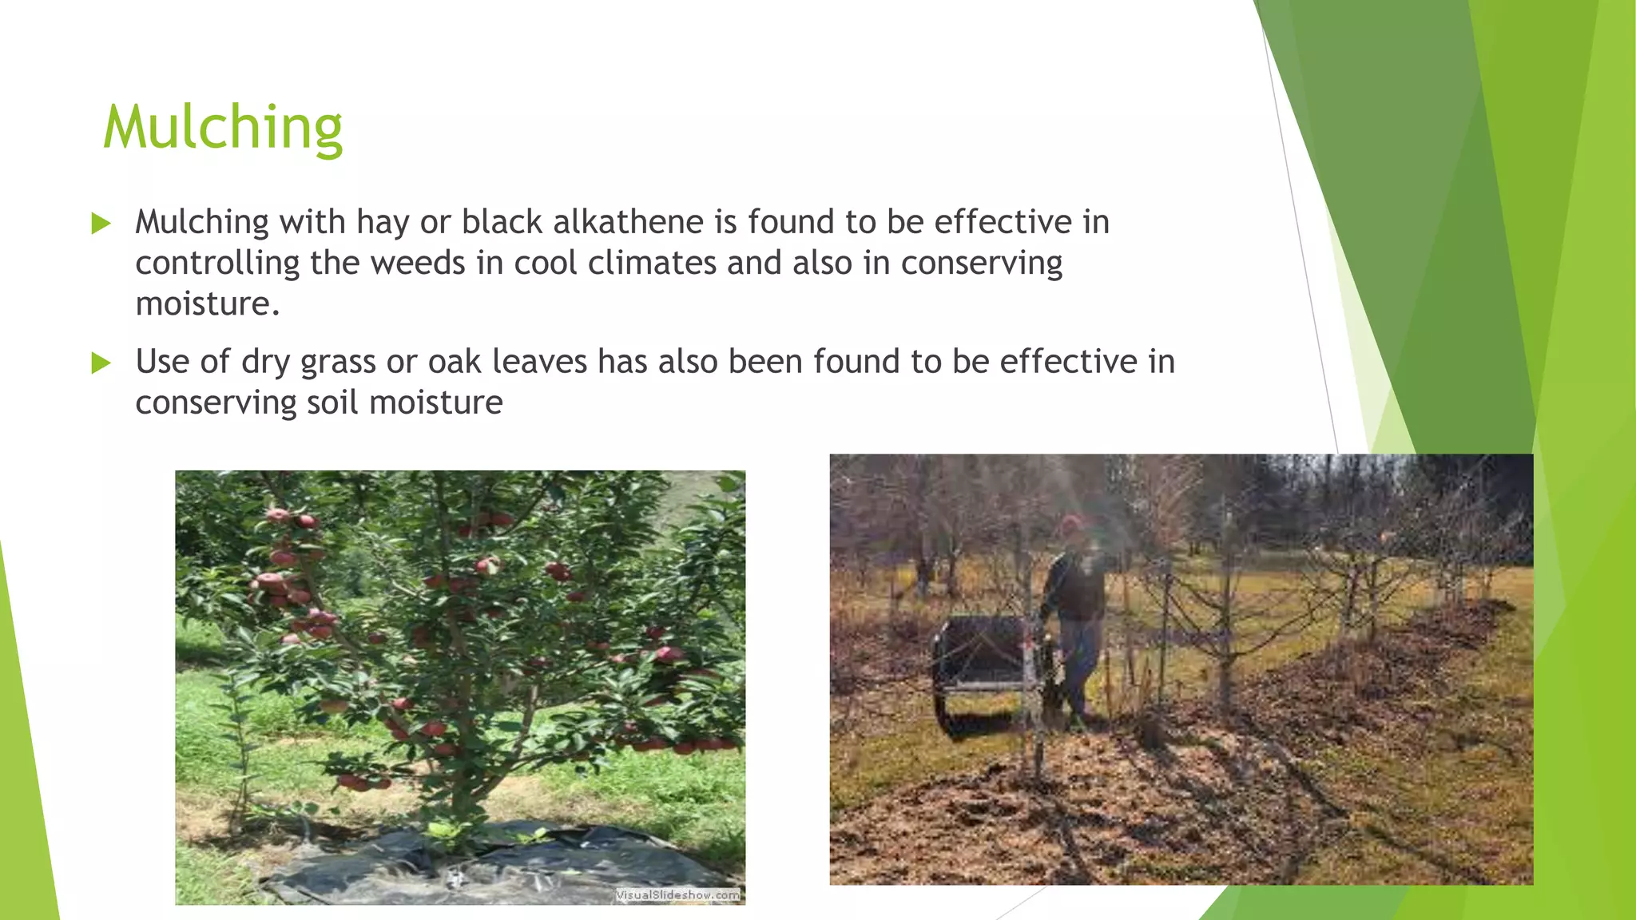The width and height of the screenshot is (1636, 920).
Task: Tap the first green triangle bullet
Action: (101, 223)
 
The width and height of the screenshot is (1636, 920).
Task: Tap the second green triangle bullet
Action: (101, 363)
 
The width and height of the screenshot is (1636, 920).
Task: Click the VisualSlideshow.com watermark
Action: (677, 895)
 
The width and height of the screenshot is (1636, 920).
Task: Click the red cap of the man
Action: (1071, 523)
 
